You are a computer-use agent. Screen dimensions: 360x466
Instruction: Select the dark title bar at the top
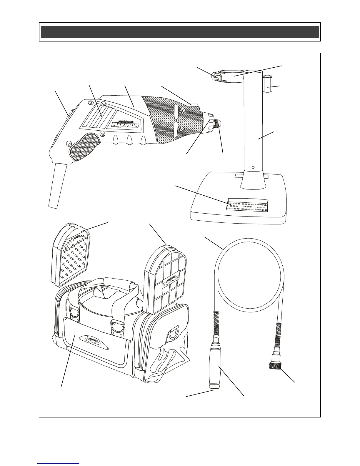(x=180, y=32)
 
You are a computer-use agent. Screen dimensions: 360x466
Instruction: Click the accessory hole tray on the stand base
(x=247, y=206)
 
